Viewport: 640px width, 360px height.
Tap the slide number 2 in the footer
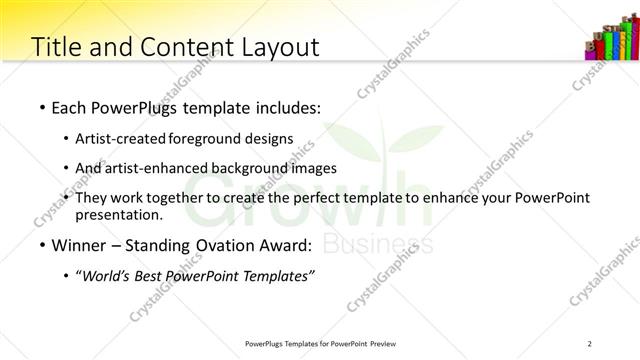point(591,343)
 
